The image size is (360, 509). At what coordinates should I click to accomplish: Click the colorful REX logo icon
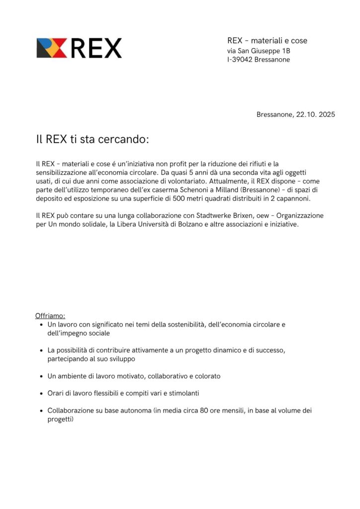click(51, 48)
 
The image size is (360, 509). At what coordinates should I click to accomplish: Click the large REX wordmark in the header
click(96, 48)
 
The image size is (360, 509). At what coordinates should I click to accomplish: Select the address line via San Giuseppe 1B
click(259, 51)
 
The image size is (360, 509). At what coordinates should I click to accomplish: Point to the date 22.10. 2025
click(316, 114)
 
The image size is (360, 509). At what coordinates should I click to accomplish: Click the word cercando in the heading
click(123, 139)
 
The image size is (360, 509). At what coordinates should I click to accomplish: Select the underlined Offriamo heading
click(50, 316)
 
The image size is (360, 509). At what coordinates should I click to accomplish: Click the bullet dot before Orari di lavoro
click(41, 394)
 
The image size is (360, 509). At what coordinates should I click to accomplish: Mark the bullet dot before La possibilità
click(41, 351)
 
